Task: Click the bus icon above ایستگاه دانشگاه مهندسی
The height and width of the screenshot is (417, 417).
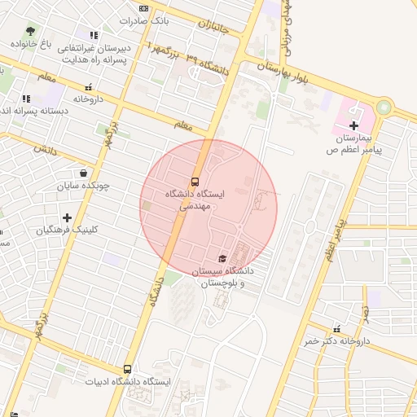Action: point(195,181)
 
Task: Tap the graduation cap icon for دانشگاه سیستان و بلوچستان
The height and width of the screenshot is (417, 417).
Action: point(222,257)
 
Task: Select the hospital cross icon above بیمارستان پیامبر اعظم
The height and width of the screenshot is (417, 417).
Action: point(353,125)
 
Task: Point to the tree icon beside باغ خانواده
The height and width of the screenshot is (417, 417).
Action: point(30,30)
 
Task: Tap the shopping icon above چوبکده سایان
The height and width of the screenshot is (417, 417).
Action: point(84,173)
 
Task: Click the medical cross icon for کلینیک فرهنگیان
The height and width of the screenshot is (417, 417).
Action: point(68,217)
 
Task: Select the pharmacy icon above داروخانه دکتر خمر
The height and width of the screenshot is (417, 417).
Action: point(336,329)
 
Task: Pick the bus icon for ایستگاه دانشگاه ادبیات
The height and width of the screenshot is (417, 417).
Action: point(126,369)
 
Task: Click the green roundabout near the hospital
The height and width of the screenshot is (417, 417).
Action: point(384,107)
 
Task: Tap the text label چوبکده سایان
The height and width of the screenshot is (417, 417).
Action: point(82,186)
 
